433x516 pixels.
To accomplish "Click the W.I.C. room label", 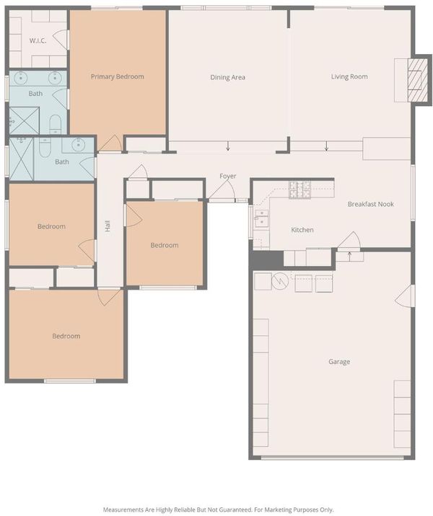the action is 38,41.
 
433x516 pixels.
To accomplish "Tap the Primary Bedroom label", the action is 118,76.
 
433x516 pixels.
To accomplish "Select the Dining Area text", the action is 227,77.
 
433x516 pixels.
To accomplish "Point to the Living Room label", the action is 349,76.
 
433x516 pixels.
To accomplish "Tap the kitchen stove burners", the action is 299,190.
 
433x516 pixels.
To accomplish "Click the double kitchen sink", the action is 261,218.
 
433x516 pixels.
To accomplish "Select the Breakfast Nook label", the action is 371,204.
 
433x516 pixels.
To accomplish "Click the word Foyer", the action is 228,176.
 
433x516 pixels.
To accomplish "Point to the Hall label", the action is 108,226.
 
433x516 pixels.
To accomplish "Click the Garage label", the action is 339,362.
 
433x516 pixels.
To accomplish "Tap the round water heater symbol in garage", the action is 280,281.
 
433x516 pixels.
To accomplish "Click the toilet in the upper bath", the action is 55,124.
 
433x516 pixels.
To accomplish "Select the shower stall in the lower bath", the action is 22,159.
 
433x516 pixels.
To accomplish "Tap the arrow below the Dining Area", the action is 228,146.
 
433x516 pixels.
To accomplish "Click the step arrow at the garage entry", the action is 349,256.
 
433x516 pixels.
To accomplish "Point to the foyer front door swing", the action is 223,190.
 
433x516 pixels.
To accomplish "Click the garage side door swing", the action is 404,296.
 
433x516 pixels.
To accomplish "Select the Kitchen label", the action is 302,230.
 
